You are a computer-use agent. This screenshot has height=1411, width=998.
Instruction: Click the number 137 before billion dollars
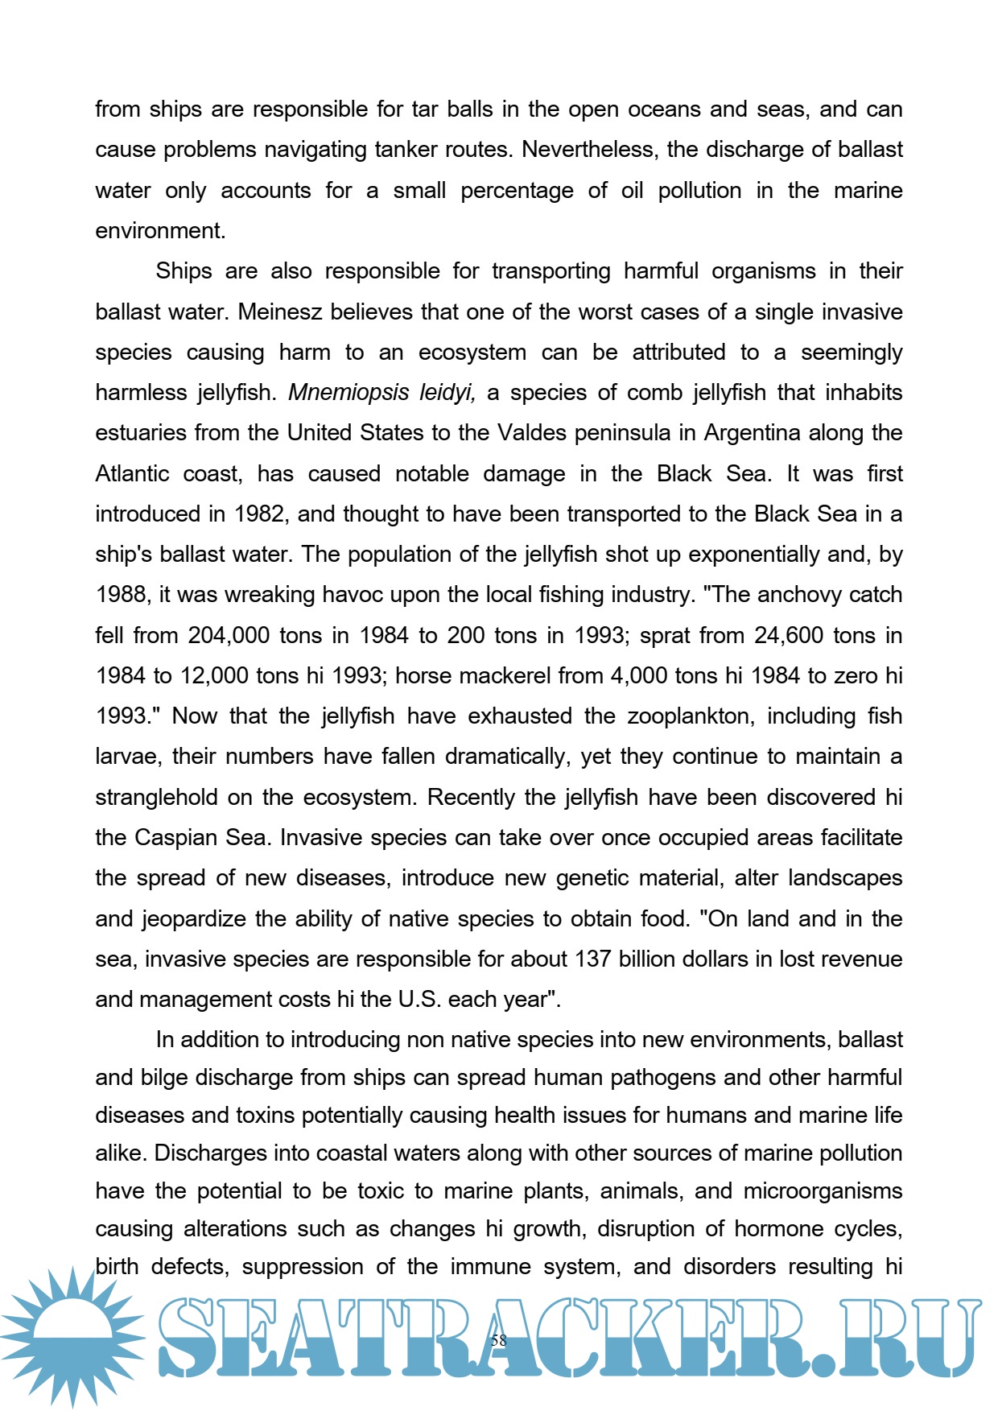pos(592,959)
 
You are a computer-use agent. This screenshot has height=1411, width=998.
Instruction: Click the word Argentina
pos(752,433)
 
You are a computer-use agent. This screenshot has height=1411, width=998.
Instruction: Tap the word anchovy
pos(777,595)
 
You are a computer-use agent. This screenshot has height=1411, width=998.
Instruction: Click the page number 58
pos(498,1340)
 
